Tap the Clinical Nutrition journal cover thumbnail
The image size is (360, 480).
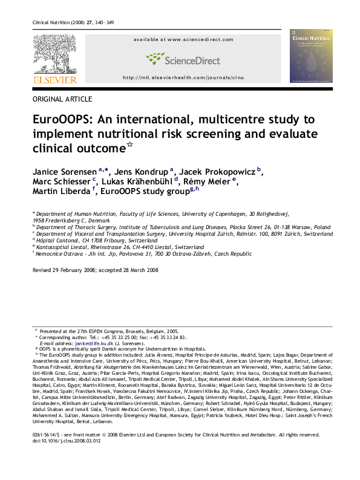pos(311,55)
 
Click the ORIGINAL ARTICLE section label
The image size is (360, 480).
pos(62,99)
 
